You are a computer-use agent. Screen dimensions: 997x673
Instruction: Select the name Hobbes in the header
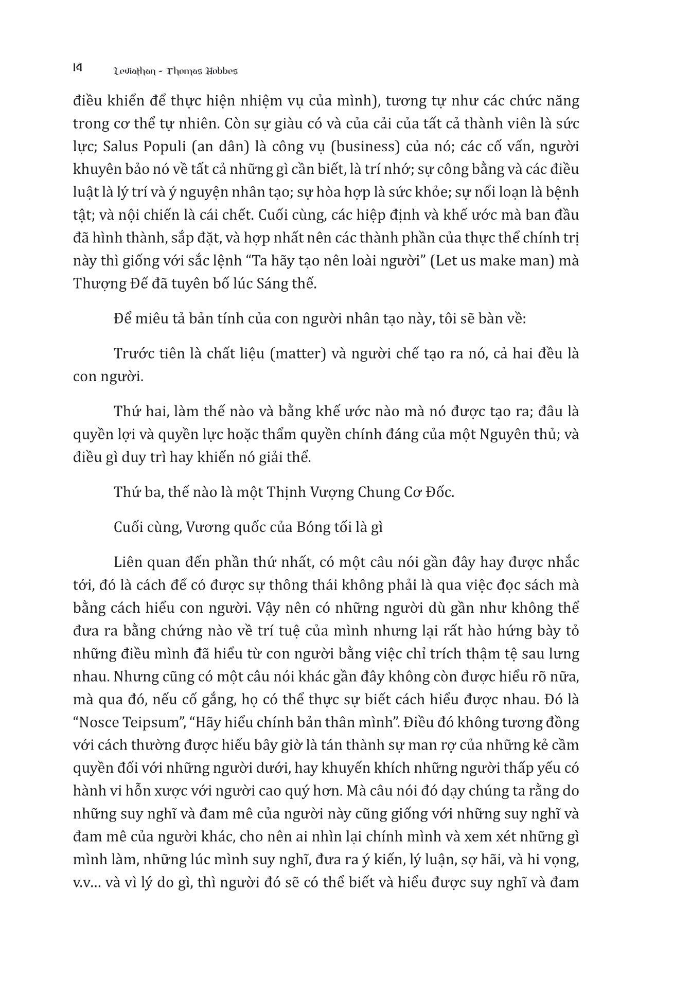point(222,71)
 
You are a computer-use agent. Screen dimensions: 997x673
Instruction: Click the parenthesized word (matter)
point(298,354)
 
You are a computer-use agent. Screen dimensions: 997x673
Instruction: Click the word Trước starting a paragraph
point(133,354)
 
